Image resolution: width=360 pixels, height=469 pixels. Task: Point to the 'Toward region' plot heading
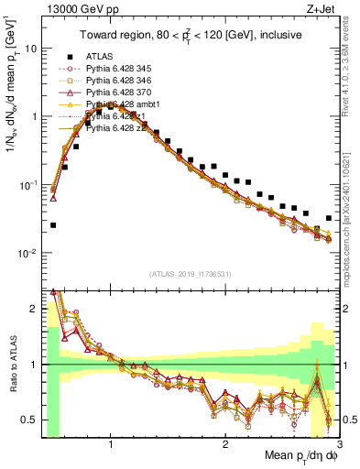[x=190, y=38]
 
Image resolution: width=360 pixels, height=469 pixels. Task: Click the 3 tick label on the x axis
[x=339, y=445]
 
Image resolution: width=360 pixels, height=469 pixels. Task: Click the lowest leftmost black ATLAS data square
[x=53, y=224]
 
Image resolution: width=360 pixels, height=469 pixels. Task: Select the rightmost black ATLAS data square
[x=329, y=218]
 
